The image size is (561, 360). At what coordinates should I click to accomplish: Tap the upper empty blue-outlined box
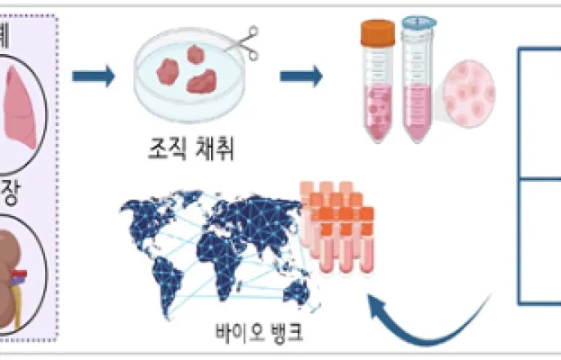540,115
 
